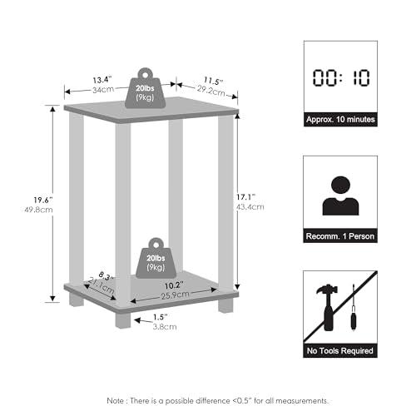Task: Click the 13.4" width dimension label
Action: tap(102, 80)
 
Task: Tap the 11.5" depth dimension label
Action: tap(214, 81)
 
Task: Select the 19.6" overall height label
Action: tap(43, 200)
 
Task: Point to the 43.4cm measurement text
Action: tap(250, 207)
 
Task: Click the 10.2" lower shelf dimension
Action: tap(174, 285)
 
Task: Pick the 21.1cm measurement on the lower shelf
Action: tap(102, 285)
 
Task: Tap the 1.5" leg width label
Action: tap(161, 317)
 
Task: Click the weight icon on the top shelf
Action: tap(145, 88)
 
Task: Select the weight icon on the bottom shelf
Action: tap(156, 258)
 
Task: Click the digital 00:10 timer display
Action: tap(341, 77)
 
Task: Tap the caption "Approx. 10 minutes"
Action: tap(340, 120)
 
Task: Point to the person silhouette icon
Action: tap(340, 196)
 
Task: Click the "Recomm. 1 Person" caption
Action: tap(340, 236)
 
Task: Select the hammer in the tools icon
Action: tap(328, 307)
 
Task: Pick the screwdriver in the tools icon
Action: tap(354, 308)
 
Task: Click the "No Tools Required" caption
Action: tap(340, 351)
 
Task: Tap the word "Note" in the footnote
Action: tap(116, 400)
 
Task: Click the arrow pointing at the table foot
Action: tap(143, 321)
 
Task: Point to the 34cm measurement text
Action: tap(103, 90)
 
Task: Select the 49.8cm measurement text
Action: tap(38, 210)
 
